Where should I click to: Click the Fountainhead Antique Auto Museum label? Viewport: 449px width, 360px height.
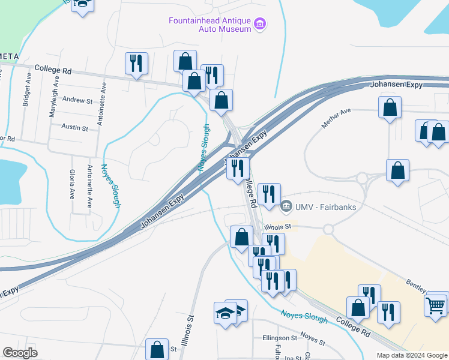point(209,25)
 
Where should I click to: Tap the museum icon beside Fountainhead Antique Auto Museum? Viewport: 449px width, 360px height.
point(261,25)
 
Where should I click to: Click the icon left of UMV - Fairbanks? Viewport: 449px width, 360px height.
point(286,207)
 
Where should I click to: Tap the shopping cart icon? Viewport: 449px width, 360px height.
point(436,305)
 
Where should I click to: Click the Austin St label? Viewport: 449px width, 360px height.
point(75,128)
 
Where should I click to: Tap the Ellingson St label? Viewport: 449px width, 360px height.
point(280,338)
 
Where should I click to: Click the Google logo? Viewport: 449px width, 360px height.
point(20,353)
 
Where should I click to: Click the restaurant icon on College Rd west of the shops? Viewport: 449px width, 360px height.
point(136,63)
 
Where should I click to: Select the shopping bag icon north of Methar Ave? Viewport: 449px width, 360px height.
point(390,108)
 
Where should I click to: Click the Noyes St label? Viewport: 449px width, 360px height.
point(312,340)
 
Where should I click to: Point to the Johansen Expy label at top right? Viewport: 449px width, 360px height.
point(397,85)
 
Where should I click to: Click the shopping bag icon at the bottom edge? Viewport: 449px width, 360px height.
point(157,349)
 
